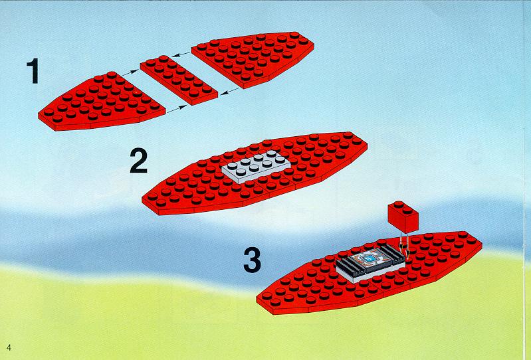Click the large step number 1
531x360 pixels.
33,70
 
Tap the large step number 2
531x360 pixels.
139,160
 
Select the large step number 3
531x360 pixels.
253,260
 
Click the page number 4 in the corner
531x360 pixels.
9,347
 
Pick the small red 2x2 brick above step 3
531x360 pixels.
403,217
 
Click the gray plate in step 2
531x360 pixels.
256,167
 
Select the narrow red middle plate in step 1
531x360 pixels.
179,80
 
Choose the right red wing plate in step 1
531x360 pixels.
253,60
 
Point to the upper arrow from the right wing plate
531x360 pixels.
181,54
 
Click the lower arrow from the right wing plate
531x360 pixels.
230,92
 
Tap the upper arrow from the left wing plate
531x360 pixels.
130,72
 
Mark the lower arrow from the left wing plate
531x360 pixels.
177,109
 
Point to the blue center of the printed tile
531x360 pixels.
370,258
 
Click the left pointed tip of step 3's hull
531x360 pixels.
257,299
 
